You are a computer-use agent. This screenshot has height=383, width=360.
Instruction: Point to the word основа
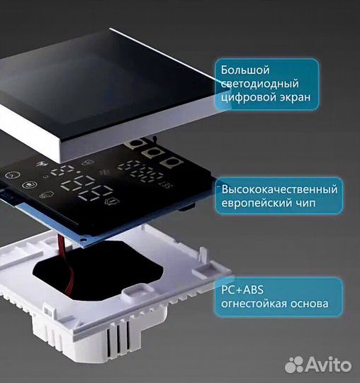click(308, 304)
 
